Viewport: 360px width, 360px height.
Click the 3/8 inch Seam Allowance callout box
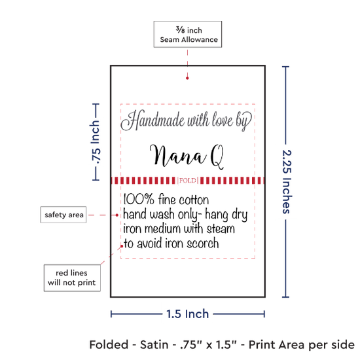[x=188, y=34]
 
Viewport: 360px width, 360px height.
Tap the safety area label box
[x=63, y=215]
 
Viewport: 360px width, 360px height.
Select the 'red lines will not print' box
[x=72, y=278]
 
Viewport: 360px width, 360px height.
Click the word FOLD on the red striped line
[x=188, y=181]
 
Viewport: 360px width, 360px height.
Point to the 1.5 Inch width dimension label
[x=188, y=314]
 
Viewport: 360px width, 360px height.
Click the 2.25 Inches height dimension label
[x=287, y=181]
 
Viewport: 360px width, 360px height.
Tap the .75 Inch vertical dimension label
[x=95, y=142]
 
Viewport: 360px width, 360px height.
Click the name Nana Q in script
[x=187, y=157]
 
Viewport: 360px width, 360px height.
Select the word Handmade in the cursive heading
[x=153, y=120]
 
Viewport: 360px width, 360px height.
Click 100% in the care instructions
[x=139, y=199]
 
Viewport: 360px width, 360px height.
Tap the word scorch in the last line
[x=203, y=243]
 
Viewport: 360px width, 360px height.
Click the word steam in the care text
[x=221, y=229]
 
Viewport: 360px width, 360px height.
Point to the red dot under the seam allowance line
[x=187, y=78]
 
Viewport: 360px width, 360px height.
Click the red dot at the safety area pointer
[x=117, y=215]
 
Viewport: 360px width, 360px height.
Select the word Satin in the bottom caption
[x=154, y=345]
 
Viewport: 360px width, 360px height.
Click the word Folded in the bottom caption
[x=109, y=345]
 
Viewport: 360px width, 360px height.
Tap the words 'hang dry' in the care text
[x=226, y=215]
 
